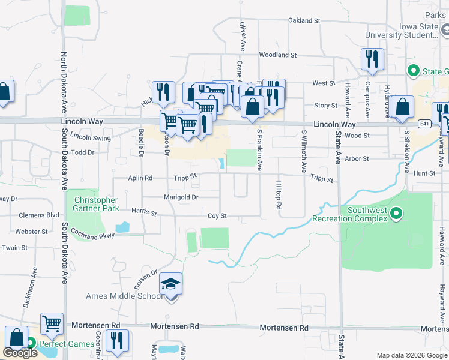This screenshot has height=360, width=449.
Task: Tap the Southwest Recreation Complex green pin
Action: coord(396,213)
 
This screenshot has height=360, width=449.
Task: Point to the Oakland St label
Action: coord(304,20)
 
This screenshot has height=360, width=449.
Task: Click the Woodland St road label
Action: coord(278,55)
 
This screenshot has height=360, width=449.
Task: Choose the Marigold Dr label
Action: coord(181,197)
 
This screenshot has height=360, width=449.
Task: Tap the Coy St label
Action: coord(217,216)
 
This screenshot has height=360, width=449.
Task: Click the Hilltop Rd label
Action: coord(279,195)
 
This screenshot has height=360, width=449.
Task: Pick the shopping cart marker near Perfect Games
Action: coord(52,324)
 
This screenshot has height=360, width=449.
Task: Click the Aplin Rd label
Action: coord(140,178)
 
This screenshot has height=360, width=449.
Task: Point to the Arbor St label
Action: coord(357,159)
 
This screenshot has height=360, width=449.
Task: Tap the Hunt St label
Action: coord(424,173)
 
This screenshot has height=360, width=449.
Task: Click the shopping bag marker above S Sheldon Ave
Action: coord(405,107)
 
